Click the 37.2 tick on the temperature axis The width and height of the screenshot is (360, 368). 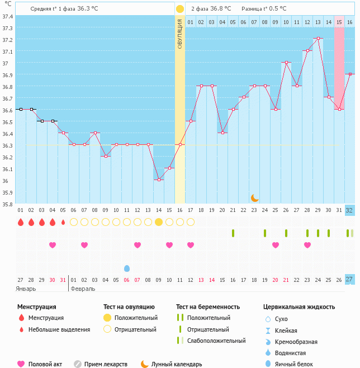click(7, 40)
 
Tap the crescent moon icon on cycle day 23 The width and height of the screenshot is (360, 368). click(254, 197)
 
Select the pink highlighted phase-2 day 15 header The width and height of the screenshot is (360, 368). click(339, 22)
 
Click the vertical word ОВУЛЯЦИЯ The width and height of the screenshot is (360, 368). click(180, 34)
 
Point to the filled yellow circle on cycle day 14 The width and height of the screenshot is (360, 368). click(159, 222)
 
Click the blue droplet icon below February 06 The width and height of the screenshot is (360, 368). click(127, 268)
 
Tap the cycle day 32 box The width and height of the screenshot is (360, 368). click(349, 210)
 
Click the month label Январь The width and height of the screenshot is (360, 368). click(26, 289)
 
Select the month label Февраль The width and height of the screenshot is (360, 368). click(83, 289)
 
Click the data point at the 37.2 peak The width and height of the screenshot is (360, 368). click(318, 39)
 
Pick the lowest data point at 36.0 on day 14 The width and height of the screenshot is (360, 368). click(159, 180)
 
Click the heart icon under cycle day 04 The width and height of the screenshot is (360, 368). click(53, 245)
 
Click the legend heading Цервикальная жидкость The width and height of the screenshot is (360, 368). click(299, 307)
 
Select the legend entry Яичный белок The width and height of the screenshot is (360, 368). click(293, 364)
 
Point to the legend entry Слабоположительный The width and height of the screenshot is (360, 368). click(216, 341)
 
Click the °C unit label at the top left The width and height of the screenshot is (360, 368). click(7, 4)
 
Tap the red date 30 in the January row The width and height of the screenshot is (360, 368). click(53, 280)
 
